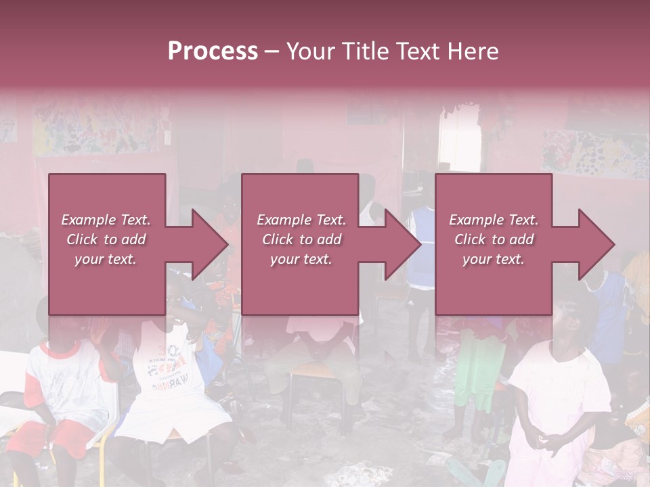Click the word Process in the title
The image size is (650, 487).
pos(213,51)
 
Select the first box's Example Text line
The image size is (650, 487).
pos(106,220)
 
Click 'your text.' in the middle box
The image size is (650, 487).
pos(301,259)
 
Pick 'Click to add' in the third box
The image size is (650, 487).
pos(494,239)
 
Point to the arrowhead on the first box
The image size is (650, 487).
pos(210,244)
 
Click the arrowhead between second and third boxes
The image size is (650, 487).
pos(404,244)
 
